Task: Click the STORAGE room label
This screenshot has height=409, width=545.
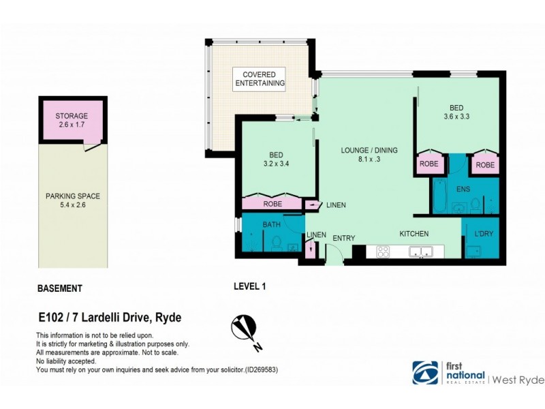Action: (x=72, y=116)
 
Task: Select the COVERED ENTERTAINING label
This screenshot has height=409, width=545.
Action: (x=260, y=78)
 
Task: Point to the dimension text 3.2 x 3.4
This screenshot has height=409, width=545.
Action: (x=276, y=164)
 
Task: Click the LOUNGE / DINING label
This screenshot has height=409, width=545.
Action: (x=369, y=150)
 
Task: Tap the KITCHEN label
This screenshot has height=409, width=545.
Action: (x=414, y=234)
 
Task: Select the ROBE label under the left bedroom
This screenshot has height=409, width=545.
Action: (x=272, y=203)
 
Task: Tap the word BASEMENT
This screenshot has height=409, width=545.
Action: (x=59, y=288)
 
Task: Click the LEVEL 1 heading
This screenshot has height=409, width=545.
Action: (x=249, y=287)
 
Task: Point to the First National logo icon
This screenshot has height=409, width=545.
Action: (x=424, y=373)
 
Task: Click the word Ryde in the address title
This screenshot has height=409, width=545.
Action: (x=169, y=318)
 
